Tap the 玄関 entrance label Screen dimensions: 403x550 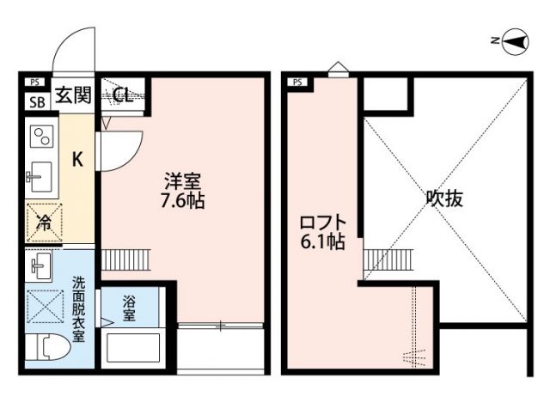click(x=73, y=95)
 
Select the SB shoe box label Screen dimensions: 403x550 click(x=36, y=102)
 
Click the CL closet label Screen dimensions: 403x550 click(x=122, y=95)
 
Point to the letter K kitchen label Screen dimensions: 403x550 click(x=76, y=159)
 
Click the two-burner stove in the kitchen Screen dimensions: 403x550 click(x=40, y=137)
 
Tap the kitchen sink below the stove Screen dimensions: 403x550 click(x=40, y=179)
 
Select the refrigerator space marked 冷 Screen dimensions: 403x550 click(x=42, y=223)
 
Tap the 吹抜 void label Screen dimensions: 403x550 click(x=444, y=198)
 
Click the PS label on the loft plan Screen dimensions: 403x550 click(x=297, y=82)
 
